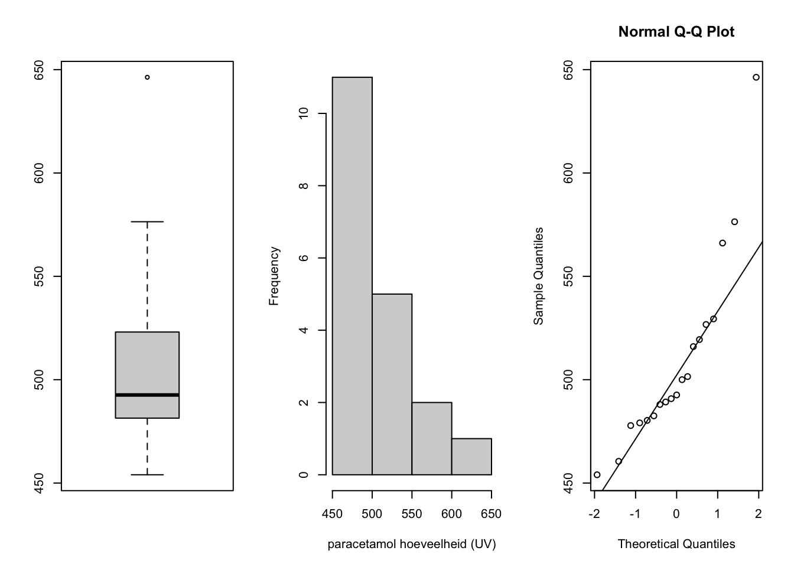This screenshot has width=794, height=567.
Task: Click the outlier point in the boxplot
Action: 147,77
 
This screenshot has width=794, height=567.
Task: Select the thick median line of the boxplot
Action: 147,395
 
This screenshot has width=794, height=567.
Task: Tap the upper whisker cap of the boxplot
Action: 147,222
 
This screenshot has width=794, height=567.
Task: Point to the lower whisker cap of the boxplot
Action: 147,474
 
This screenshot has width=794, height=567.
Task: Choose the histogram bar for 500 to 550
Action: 392,384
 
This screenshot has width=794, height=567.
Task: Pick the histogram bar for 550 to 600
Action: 432,438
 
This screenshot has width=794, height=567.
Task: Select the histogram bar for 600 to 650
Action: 471,457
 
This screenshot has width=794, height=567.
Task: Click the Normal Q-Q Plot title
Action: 676,32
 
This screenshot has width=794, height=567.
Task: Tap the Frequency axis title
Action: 274,276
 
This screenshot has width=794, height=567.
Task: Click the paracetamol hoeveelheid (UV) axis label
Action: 412,544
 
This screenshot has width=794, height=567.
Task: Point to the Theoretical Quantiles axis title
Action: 676,544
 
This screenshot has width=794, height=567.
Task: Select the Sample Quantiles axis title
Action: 538,276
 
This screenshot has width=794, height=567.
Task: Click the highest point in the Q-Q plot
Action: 756,77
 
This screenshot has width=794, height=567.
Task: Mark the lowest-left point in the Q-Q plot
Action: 597,474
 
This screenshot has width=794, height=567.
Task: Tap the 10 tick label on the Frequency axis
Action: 304,113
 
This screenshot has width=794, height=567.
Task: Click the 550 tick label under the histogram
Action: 412,514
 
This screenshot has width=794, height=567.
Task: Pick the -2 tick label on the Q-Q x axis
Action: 594,514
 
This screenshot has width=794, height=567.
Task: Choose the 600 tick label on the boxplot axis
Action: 40,173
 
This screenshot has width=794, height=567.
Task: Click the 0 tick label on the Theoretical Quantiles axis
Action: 676,514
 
